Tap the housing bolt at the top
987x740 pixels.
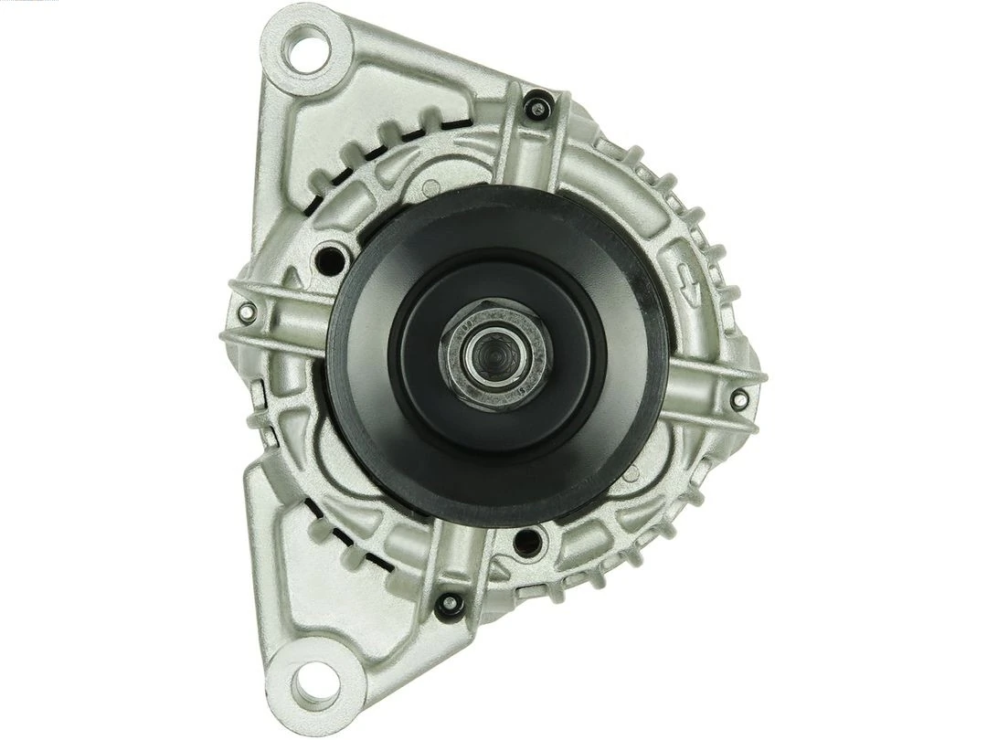click(x=537, y=109)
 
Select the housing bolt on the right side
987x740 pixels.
click(x=738, y=397)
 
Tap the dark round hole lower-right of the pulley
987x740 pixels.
click(x=525, y=543)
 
